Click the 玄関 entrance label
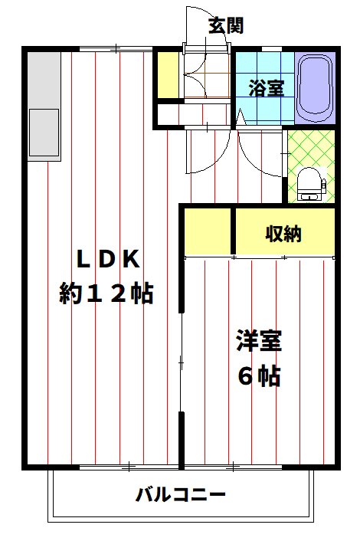coord(226,25)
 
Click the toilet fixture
coord(311,184)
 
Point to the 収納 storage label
coord(283,234)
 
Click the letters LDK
coord(108,259)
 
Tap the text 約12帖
coord(106,293)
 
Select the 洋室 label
coord(259,341)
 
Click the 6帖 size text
coord(259,375)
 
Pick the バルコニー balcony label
coord(180,495)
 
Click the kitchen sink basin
coord(44,133)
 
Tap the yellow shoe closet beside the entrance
coord(169,75)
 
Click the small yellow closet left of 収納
coord(208,231)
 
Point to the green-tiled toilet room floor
coord(312,166)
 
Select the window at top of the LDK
coord(116,48)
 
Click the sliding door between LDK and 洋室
coord(181,362)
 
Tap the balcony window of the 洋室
coord(234,467)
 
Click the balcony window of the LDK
coord(129,467)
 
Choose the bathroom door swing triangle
coord(241,118)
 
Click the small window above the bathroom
coord(272,48)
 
